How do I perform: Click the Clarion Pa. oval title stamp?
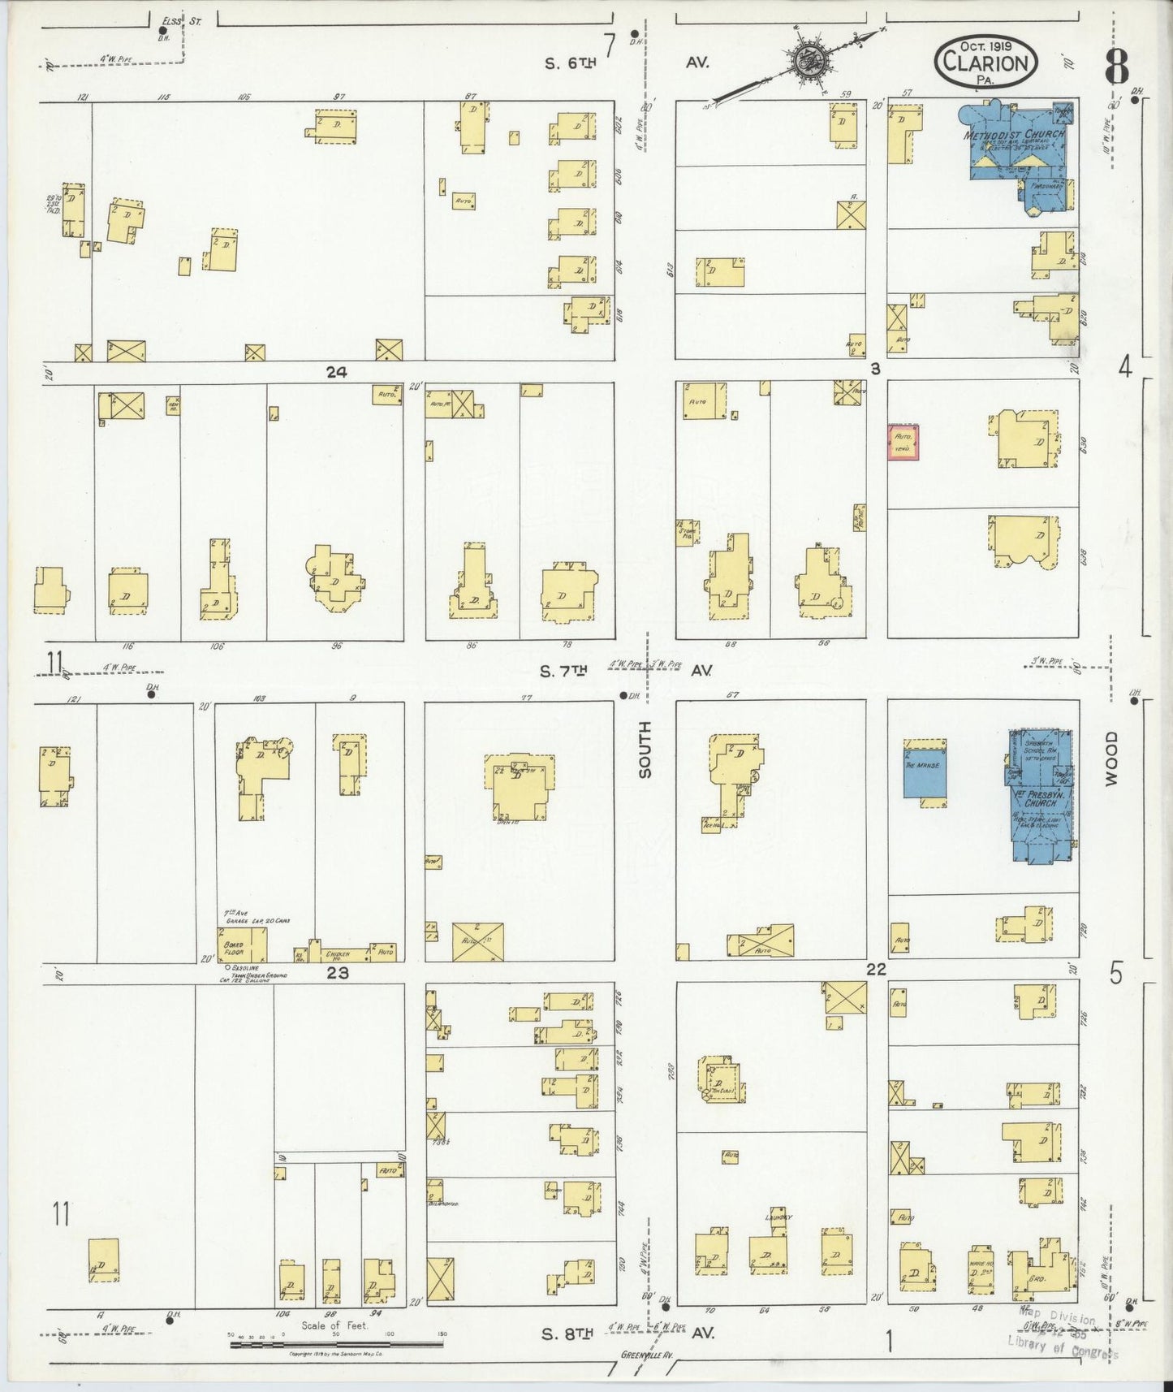click(x=985, y=62)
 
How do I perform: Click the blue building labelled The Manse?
click(x=925, y=772)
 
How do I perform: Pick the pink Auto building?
click(x=903, y=443)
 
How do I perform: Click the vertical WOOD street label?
click(x=1110, y=757)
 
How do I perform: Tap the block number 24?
click(x=336, y=372)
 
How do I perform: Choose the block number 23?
click(x=337, y=972)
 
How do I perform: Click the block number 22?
click(x=875, y=970)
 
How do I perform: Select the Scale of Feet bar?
click(x=336, y=1344)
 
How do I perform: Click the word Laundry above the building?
click(x=777, y=1217)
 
